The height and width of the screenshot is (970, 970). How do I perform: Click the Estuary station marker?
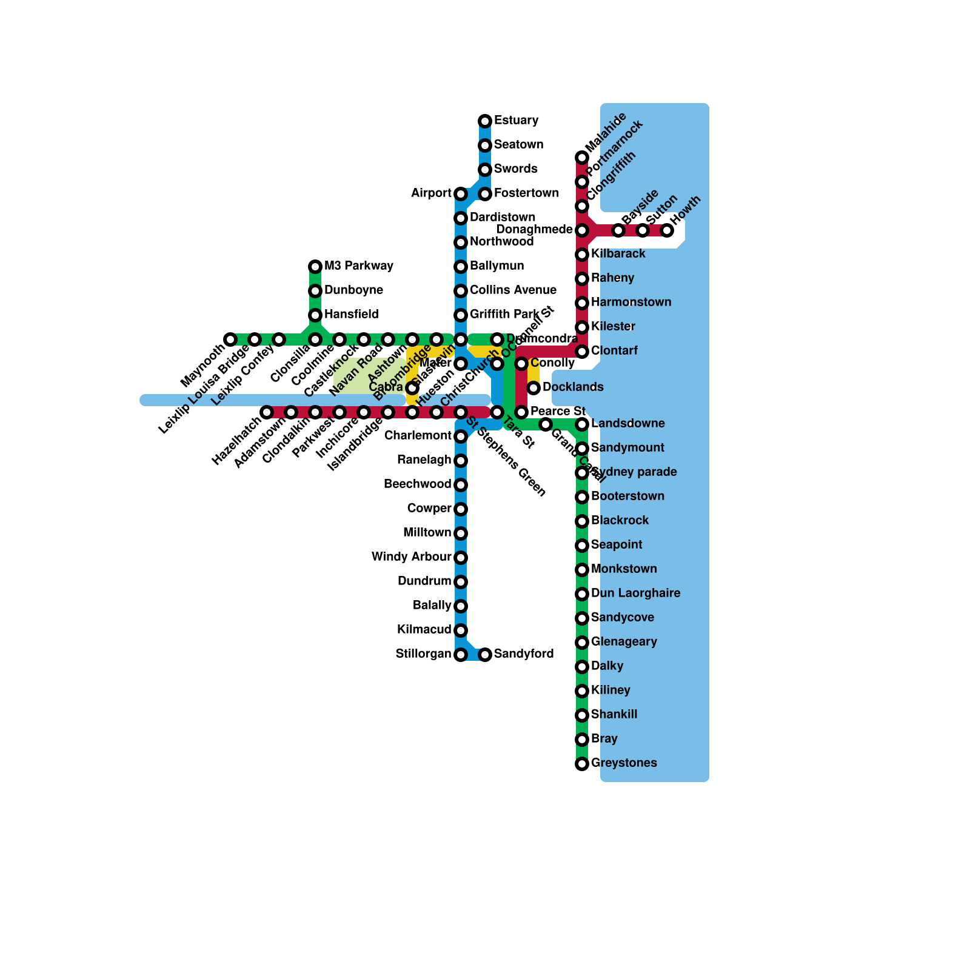coord(485,121)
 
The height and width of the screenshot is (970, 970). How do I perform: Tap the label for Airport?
coord(431,193)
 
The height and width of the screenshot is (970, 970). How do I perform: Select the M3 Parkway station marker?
coord(315,267)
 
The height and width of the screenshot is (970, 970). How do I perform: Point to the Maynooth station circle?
coord(230,339)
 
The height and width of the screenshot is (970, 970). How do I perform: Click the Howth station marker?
coord(667,230)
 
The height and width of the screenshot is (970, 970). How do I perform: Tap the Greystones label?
coord(624,763)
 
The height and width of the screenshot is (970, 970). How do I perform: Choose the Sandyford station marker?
coord(485,655)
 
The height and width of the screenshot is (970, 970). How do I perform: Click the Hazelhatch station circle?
coord(267,412)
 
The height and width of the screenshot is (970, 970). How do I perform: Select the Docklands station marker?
coord(533,388)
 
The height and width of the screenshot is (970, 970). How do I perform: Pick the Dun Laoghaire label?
coord(635,593)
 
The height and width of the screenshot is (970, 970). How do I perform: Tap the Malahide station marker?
coord(582,158)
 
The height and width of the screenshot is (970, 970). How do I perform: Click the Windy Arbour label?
coord(411,557)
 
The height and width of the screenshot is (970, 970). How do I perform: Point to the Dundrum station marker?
coord(461,582)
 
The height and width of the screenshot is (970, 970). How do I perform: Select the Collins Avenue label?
coord(513,290)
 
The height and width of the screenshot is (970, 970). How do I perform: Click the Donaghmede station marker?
coord(582,230)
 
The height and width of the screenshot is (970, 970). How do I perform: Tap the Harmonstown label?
coord(631,302)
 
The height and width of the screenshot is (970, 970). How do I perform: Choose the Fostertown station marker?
coord(485,194)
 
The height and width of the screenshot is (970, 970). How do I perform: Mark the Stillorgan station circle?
coord(461,655)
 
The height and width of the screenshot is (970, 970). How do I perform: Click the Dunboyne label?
coord(353,290)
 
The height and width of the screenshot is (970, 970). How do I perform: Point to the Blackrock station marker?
coord(582,521)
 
